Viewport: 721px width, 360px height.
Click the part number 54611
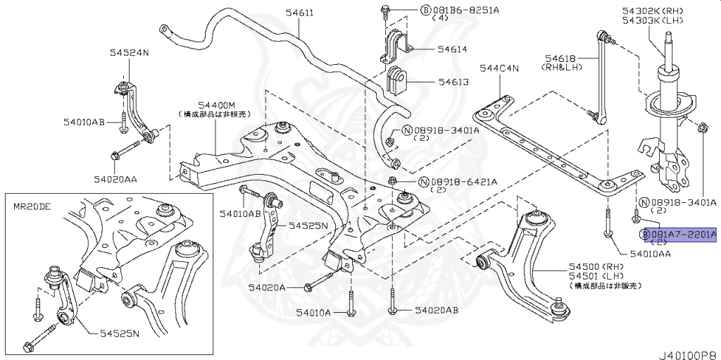click(x=280, y=12)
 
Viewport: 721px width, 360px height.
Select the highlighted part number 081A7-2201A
click(x=682, y=234)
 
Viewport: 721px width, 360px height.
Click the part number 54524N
click(x=129, y=52)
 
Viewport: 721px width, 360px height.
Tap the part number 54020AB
click(x=436, y=310)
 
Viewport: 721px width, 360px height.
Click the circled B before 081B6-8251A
click(x=425, y=11)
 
